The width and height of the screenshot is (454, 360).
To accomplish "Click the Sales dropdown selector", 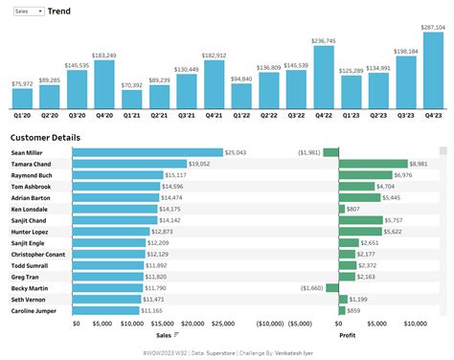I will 26,11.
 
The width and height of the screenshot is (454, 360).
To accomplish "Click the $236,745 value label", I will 324,41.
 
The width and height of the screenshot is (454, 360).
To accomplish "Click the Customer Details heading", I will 45,138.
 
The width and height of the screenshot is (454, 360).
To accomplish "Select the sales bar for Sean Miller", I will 148,152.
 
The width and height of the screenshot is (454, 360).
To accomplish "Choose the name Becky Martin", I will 30,286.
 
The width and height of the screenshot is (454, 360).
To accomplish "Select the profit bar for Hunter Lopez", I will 360,231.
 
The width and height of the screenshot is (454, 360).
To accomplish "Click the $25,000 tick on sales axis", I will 222,324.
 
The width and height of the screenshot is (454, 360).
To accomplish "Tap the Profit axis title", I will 348,335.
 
